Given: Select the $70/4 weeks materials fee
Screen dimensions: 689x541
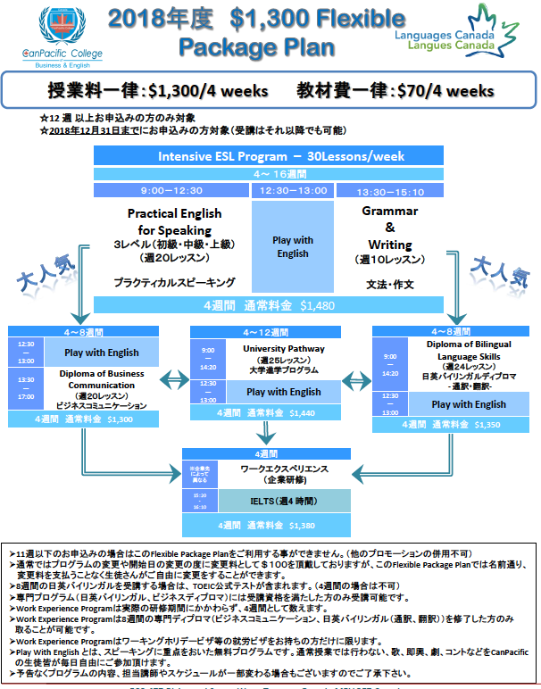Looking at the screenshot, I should click(x=445, y=90).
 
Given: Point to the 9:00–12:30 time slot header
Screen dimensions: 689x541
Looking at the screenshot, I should click(x=173, y=190).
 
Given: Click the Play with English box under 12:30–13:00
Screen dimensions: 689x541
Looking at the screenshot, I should click(x=292, y=246).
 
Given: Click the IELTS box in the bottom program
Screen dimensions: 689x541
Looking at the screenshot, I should click(x=290, y=501).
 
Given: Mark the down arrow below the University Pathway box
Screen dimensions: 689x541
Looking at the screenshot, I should click(x=265, y=434).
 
